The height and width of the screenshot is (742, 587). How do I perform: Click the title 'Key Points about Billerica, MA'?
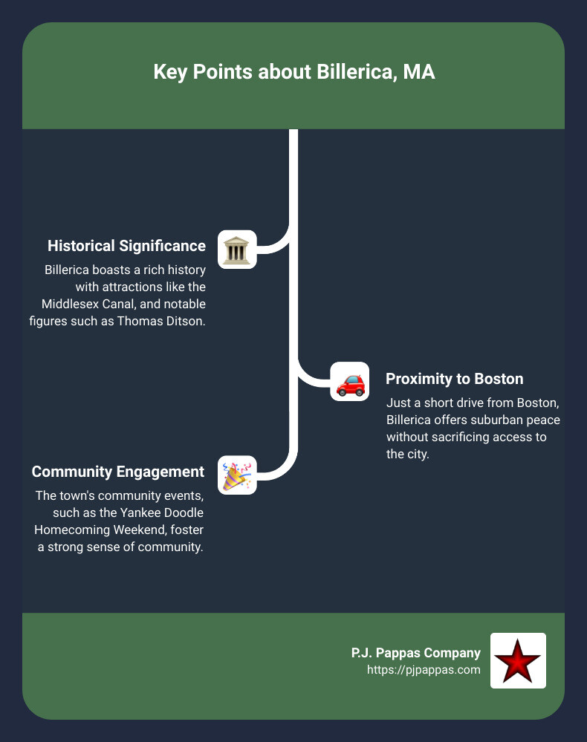coord(293,73)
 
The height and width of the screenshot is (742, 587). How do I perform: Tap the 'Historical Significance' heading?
coord(126,246)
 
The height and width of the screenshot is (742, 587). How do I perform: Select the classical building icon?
coord(237,250)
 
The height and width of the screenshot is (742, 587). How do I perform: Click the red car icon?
coord(349,382)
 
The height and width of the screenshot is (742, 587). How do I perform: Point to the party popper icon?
coord(237,475)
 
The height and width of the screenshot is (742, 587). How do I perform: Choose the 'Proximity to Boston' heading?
coord(454,379)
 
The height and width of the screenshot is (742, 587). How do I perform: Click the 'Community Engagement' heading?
coord(118,472)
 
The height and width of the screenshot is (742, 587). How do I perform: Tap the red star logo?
coord(518,660)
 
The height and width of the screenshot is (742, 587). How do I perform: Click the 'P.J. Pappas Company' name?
coord(415,653)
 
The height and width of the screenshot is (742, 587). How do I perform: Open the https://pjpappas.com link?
coord(424,670)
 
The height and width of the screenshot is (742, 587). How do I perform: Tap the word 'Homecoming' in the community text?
coord(70,530)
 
